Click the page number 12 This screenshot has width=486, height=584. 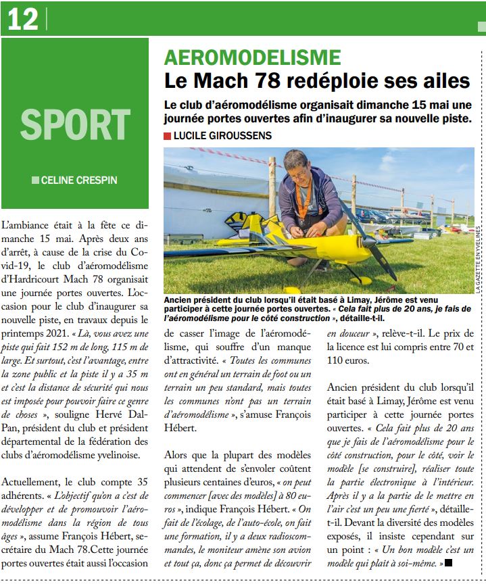click(22, 20)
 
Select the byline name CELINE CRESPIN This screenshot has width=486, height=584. click(80, 180)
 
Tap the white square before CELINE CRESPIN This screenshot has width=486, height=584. click(35, 180)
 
